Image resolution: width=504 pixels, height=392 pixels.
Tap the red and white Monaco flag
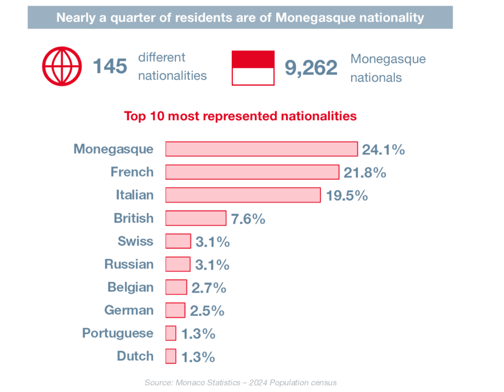coord(253,68)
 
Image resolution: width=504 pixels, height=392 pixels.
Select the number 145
coord(110,67)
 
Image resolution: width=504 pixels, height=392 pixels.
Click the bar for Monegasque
coord(262,149)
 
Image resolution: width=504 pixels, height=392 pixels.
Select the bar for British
coord(195,218)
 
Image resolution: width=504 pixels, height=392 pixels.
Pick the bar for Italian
coord(243,195)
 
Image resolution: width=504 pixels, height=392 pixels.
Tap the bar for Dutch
coord(171,356)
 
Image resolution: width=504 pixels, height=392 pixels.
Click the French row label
coord(132,172)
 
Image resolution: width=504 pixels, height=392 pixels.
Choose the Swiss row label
coord(135,241)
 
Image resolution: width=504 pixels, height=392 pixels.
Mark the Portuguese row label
coord(118,333)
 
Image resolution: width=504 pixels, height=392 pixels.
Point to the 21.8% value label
coord(365,172)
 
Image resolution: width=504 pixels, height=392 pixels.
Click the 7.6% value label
coord(248,219)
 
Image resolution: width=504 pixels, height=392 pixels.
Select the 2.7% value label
coord(209,288)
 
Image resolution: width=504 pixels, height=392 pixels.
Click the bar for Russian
coord(178,264)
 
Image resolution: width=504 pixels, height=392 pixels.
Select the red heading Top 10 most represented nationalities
coord(240,116)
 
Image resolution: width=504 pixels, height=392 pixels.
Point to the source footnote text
coord(240,382)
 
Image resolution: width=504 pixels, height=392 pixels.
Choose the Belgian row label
coord(130,287)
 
